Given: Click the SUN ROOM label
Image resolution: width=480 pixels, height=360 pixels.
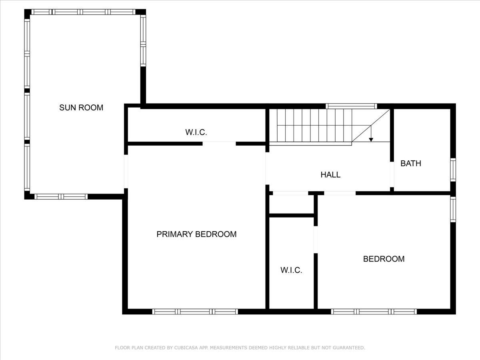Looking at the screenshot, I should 81,107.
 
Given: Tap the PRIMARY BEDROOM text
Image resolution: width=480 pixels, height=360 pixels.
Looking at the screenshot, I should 196,234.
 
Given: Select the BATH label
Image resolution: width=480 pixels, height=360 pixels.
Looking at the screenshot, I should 411,163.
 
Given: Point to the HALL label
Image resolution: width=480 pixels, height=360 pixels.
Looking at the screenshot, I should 330,174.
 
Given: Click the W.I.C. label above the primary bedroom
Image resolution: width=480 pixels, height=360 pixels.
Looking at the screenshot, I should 196,132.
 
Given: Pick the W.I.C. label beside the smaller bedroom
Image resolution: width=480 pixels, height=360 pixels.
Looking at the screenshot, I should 291,270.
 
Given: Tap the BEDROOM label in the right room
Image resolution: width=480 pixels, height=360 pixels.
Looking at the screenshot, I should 384,259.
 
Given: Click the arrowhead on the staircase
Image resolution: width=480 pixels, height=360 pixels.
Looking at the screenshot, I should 371,139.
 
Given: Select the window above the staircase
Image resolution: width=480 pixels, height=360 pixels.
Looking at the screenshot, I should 351,106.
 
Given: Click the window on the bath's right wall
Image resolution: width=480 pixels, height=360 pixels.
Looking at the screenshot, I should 453,170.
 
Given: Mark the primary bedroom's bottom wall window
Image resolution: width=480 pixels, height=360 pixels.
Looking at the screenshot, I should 195,312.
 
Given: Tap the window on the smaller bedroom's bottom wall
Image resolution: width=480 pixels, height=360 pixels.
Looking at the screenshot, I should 374,312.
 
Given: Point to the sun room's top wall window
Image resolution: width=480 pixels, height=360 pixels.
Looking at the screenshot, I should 83,12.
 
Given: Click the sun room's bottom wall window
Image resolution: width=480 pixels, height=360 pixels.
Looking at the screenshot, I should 61,196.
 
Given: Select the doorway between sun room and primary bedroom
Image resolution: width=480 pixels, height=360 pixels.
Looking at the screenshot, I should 126,171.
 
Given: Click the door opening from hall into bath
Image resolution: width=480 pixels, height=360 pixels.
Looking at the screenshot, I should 392,174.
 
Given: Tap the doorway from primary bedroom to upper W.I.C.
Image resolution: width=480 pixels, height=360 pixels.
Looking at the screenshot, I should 219,143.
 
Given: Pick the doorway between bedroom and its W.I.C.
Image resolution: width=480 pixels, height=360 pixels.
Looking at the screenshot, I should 316,239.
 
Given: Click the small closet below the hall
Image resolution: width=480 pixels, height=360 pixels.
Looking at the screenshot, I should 291,204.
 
